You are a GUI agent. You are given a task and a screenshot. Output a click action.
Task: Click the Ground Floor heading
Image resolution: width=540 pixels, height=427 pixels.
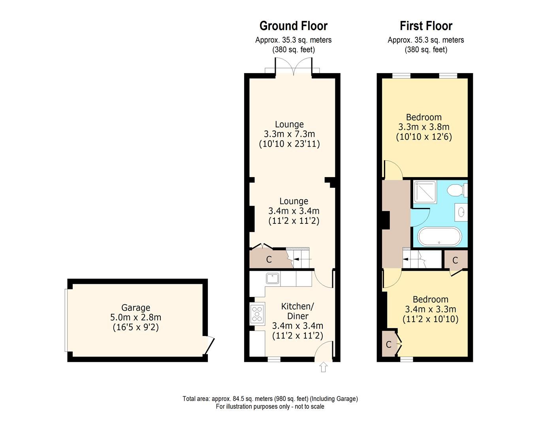pos(293,26)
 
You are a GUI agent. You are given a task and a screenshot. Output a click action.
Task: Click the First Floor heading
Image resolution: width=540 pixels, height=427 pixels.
pos(426,26)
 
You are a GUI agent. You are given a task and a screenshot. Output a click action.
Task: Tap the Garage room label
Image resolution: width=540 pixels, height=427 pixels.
pos(135,308)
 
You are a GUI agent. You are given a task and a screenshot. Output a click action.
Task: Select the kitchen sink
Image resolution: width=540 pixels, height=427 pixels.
pos(273,279)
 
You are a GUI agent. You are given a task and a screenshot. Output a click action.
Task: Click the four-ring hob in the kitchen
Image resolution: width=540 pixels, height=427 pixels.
pos(257,314)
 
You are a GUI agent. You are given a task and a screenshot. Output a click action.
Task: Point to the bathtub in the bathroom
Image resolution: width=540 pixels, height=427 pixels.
pos(439,236)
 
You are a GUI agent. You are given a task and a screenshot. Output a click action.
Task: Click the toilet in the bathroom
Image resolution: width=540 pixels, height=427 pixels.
pos(457,190)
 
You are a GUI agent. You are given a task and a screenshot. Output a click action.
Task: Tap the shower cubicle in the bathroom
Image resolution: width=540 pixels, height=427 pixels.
pos(425,192)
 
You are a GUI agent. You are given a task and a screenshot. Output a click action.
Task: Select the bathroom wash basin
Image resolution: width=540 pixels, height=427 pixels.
pos(461,213)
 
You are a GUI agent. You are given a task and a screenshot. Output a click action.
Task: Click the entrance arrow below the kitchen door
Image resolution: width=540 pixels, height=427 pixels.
pos(324,367)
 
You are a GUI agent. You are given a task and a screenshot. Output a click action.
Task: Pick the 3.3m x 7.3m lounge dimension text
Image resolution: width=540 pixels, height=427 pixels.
pos(289,134)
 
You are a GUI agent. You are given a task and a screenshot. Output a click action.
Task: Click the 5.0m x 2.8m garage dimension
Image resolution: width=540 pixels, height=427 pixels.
pos(135,317)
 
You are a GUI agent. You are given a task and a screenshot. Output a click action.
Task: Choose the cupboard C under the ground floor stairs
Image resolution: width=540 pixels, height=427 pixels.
pos(269,260)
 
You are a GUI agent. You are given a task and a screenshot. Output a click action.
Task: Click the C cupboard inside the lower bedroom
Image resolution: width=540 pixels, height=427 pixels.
pos(389,344)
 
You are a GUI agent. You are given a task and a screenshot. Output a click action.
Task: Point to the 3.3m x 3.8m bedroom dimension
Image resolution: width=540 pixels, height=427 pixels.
pos(423,127)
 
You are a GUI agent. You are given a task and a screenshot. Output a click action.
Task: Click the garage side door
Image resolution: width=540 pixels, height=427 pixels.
pos(210,344)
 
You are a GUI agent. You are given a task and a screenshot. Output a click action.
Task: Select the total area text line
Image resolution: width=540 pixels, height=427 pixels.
pos(270,399)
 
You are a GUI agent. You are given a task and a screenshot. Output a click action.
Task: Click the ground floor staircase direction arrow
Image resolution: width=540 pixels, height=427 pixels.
pos(303,259)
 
